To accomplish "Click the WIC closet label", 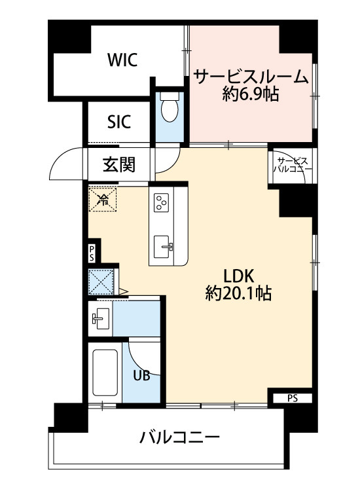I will [x=122, y=60].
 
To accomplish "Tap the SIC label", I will [x=118, y=121].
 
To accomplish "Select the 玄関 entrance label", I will [x=118, y=164].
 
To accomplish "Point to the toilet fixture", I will [x=170, y=107].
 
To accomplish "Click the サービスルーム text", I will [x=251, y=77].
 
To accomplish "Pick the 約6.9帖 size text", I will [x=251, y=95].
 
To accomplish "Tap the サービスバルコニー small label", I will [x=293, y=164].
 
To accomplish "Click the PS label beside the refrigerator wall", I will [x=92, y=253].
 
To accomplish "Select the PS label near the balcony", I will [x=291, y=397].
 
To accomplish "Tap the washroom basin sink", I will [x=101, y=319].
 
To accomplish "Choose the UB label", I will [x=141, y=376].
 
